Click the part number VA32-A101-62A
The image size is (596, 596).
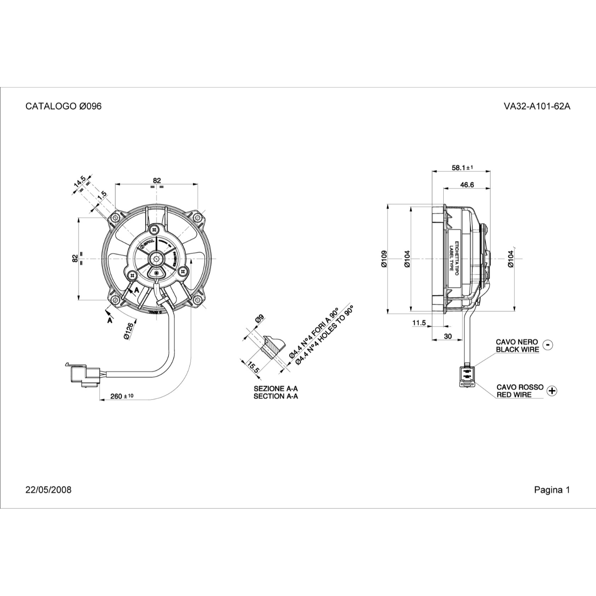(x=537, y=106)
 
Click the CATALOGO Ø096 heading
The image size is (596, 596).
(x=64, y=106)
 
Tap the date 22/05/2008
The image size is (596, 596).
(x=49, y=490)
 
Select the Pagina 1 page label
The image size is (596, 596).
(x=552, y=490)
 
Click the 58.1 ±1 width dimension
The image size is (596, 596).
(x=462, y=168)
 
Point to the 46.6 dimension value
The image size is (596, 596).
(x=467, y=185)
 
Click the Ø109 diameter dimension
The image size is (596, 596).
(x=384, y=259)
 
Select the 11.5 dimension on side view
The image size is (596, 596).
(x=419, y=323)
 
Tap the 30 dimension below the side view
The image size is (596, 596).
(x=448, y=336)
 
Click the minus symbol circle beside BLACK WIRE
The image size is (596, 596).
(x=547, y=345)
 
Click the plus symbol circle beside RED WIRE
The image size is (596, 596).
(x=552, y=391)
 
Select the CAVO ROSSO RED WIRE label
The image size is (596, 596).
(x=520, y=391)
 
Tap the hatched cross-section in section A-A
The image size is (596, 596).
(x=270, y=346)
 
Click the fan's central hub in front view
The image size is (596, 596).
(x=157, y=258)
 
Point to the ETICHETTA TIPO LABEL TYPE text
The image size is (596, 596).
(x=454, y=258)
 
